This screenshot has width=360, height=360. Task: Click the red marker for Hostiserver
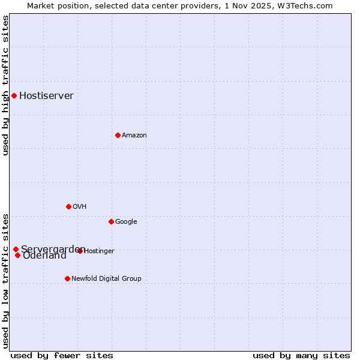pyautogui.click(x=14, y=95)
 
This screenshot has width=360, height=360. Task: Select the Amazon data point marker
pyautogui.click(x=118, y=135)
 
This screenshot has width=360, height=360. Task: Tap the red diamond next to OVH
pyautogui.click(x=68, y=206)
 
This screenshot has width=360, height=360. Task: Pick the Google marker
pyautogui.click(x=111, y=221)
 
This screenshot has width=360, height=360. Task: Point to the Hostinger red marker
pyautogui.click(x=80, y=251)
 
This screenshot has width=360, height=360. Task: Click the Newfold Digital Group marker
pyautogui.click(x=67, y=278)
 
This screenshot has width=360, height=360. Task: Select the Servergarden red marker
pyautogui.click(x=16, y=249)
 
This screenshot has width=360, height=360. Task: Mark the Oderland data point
pyautogui.click(x=17, y=256)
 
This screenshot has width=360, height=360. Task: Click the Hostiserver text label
pyautogui.click(x=46, y=95)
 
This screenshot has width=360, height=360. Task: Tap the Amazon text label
pyautogui.click(x=134, y=135)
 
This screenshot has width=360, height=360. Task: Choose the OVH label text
pyautogui.click(x=80, y=206)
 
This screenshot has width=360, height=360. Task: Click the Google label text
pyautogui.click(x=126, y=221)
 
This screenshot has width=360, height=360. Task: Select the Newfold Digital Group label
pyautogui.click(x=106, y=278)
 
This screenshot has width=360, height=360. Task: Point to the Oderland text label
pyautogui.click(x=44, y=256)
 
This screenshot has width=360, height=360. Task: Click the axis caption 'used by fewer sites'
pyautogui.click(x=62, y=355)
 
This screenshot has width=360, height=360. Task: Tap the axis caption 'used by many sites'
pyautogui.click(x=301, y=355)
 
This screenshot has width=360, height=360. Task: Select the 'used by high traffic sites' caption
pyautogui.click(x=5, y=85)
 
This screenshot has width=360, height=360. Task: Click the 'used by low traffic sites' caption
pyautogui.click(x=5, y=280)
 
